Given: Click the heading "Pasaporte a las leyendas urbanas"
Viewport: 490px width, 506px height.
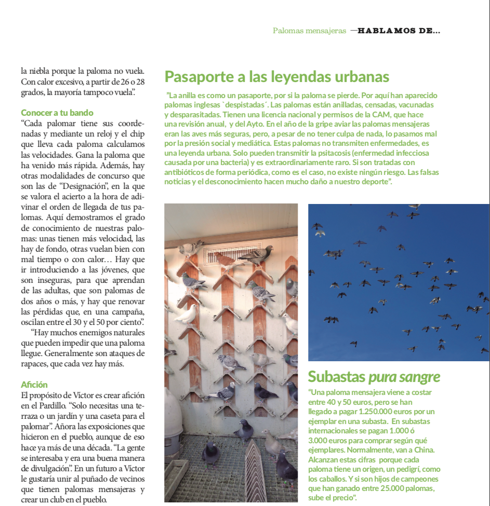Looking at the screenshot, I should (276, 77).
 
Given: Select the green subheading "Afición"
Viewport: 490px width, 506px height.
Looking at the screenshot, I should (34, 385).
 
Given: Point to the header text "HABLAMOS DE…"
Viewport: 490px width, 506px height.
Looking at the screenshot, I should (399, 31).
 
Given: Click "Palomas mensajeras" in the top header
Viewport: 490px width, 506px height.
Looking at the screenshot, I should (309, 31).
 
